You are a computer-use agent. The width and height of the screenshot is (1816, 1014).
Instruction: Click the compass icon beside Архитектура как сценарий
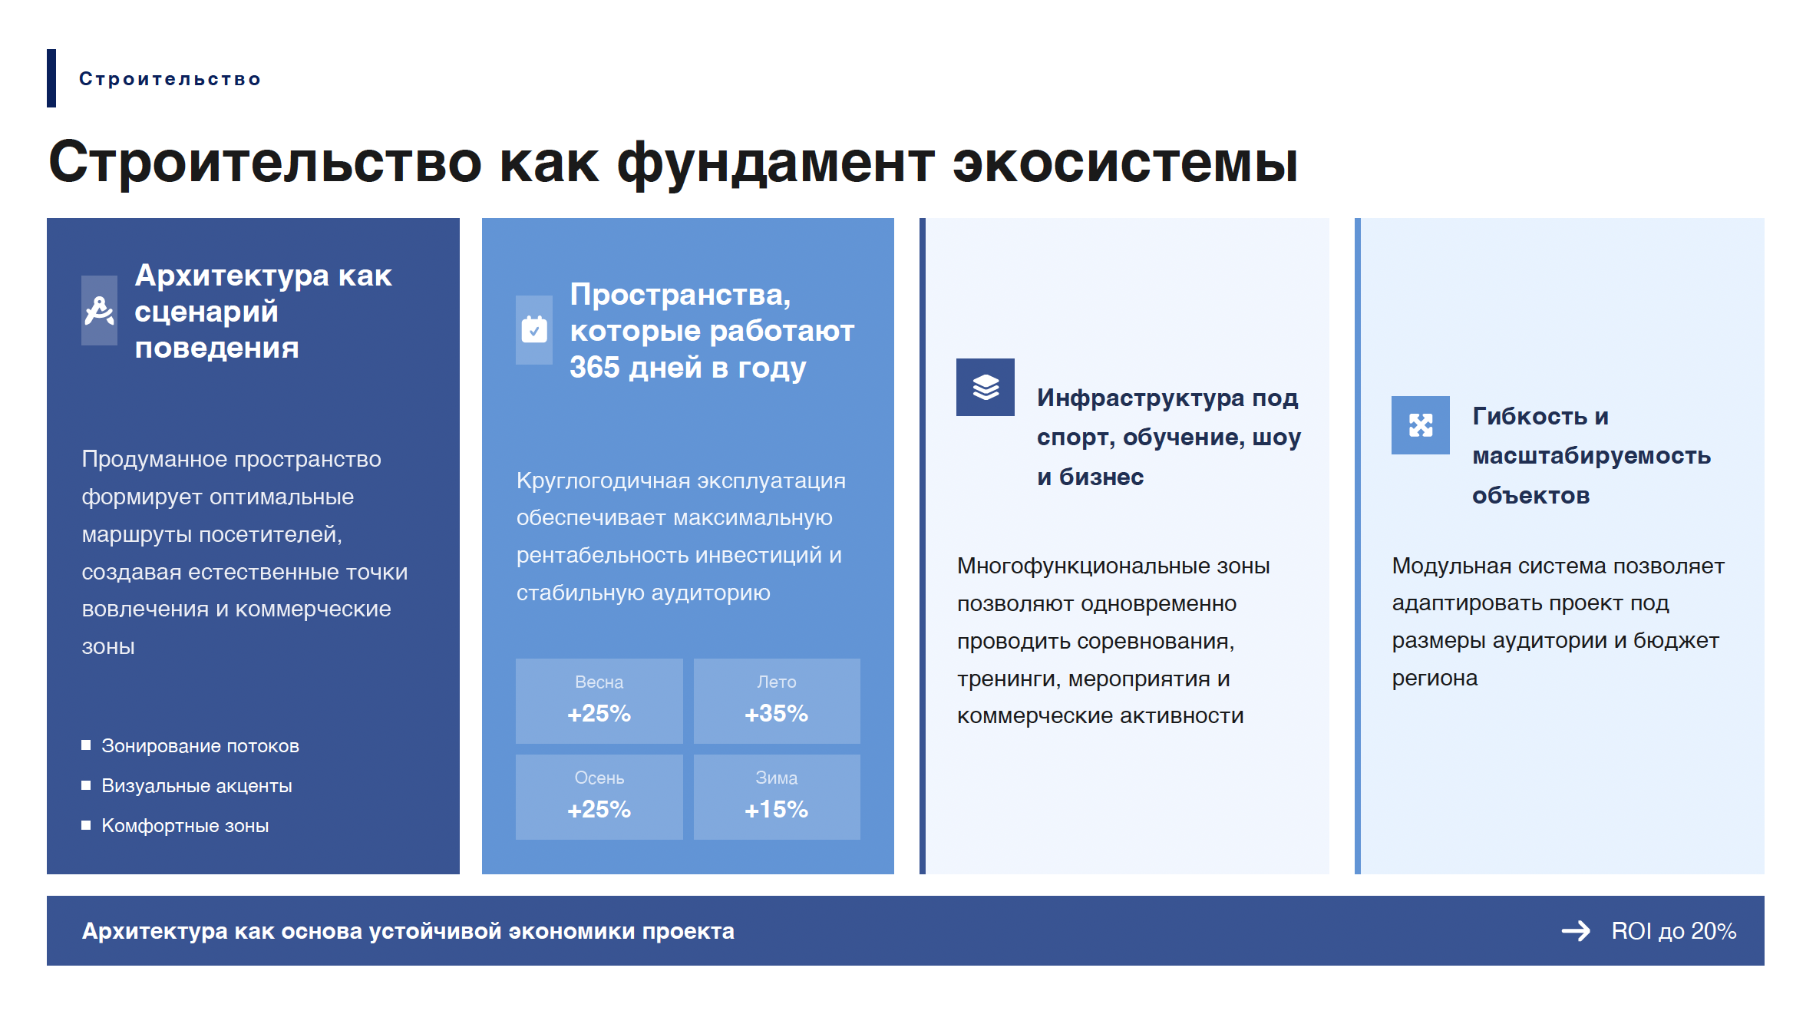pyautogui.click(x=99, y=311)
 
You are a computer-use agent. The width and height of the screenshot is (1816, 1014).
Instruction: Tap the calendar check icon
pyautogui.click(x=534, y=329)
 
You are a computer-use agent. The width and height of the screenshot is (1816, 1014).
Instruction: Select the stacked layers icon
pyautogui.click(x=986, y=387)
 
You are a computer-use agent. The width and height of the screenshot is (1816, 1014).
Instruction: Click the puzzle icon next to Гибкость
pyautogui.click(x=1421, y=425)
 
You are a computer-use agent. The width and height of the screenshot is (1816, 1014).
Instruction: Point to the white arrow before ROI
pyautogui.click(x=1576, y=931)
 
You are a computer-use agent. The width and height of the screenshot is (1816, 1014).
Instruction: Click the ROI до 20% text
pyautogui.click(x=1673, y=931)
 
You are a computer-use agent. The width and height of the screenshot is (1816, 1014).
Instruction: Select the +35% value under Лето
pyautogui.click(x=776, y=714)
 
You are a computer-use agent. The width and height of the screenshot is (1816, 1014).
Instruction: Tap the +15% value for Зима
pyautogui.click(x=776, y=810)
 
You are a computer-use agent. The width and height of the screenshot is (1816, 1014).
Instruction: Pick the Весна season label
pyautogui.click(x=599, y=682)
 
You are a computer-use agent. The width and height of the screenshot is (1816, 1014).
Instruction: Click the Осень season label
pyautogui.click(x=599, y=778)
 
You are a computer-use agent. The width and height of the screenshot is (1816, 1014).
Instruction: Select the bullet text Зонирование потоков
pyautogui.click(x=200, y=746)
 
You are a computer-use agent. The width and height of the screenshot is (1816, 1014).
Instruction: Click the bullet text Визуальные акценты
pyautogui.click(x=196, y=786)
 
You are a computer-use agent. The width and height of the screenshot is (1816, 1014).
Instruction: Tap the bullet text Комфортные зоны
pyautogui.click(x=185, y=826)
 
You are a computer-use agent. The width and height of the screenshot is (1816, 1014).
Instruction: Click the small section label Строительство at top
pyautogui.click(x=170, y=79)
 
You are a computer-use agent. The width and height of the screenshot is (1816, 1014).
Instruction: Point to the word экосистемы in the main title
pyautogui.click(x=1125, y=163)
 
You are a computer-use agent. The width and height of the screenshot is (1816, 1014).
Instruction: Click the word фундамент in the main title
pyautogui.click(x=776, y=163)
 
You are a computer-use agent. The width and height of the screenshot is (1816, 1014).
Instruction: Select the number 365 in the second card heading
pyautogui.click(x=594, y=368)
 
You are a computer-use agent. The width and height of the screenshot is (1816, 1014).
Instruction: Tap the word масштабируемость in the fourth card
pyautogui.click(x=1591, y=456)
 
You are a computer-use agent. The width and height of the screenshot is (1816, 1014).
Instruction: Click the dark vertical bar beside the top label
pyautogui.click(x=51, y=78)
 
